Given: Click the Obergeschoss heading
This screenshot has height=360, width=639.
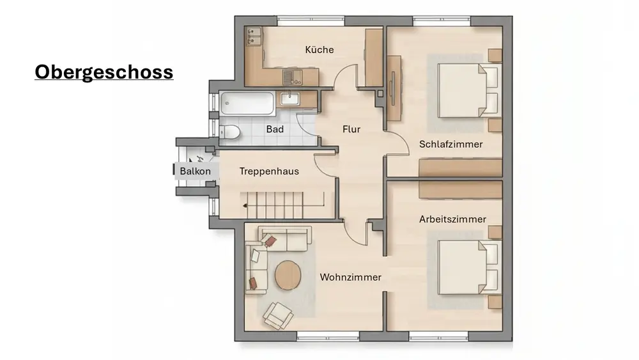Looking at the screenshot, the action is point(104,72).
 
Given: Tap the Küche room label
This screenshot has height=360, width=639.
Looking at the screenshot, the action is point(319,50).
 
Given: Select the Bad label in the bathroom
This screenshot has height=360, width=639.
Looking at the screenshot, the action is point(275,129).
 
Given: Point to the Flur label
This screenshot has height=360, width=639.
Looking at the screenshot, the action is point(351,129).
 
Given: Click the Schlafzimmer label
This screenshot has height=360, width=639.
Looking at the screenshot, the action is point(450,145).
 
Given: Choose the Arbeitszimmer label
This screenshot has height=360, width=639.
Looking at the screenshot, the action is point(453,219).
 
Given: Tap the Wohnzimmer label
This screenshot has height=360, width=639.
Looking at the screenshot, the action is point(350,278).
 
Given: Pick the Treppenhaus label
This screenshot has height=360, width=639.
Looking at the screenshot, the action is point(269,171).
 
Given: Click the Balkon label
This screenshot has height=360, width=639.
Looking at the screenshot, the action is point(195,171).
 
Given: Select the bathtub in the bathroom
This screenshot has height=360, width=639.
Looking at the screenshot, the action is point(247,103).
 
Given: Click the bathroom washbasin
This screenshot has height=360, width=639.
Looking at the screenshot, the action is point(289,98).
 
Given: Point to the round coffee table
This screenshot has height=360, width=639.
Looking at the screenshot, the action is point(288,275).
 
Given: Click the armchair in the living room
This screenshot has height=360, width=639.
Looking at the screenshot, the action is point(278,315).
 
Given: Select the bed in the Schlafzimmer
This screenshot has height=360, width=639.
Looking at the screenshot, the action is point(468,91).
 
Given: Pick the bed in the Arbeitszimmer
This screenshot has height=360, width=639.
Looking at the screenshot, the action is point(468,267).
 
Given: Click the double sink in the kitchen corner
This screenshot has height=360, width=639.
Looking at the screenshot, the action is point(254,36).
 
